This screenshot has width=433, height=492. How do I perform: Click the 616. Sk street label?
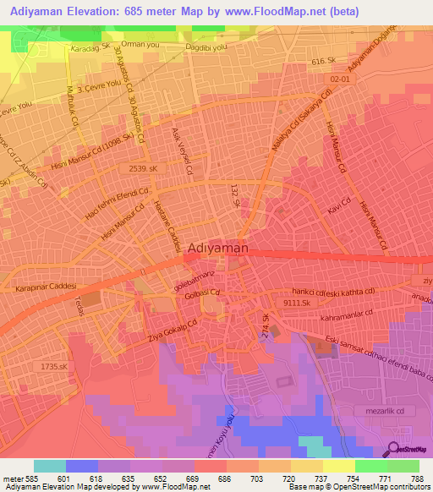pos(326,62)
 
